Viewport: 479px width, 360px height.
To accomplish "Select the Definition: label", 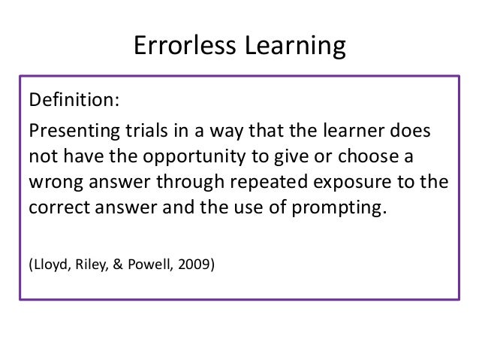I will pyautogui.click(x=73, y=101).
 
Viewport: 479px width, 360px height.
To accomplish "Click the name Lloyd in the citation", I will pyautogui.click(x=48, y=264).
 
